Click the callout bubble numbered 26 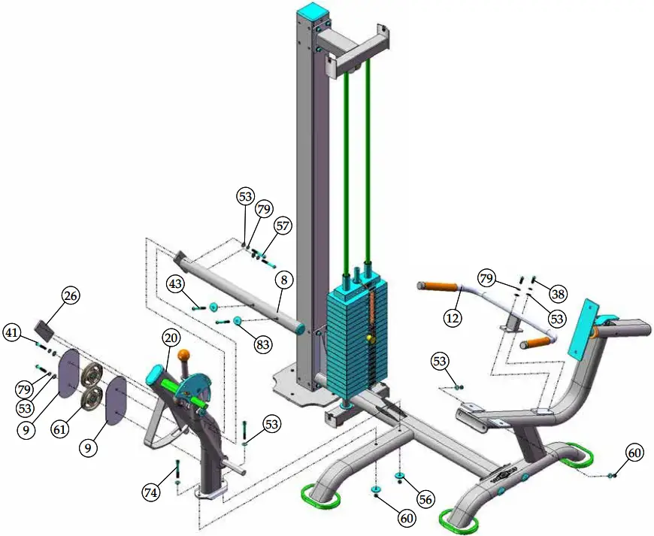pos(71,295)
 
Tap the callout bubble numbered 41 pos(12,333)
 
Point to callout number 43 pos(176,284)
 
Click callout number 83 pos(263,344)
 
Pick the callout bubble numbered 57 pos(283,226)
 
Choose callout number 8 pos(284,280)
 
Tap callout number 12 pos(453,318)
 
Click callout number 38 pos(558,295)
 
